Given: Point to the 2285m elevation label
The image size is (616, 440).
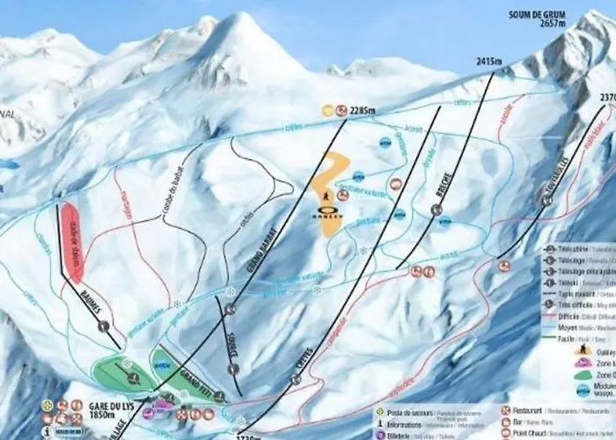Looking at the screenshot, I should click(x=362, y=111).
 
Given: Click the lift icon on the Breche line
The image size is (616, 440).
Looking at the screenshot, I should click(x=437, y=209).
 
